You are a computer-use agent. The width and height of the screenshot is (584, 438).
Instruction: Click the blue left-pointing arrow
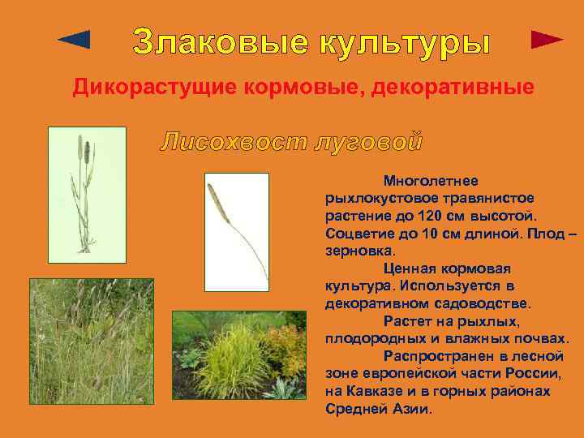click(75, 39)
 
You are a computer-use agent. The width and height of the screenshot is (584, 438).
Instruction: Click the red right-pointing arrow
click(547, 40)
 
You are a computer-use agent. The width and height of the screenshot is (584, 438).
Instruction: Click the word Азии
click(411, 409)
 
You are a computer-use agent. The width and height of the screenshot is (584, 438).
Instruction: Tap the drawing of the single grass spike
click(236, 231)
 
